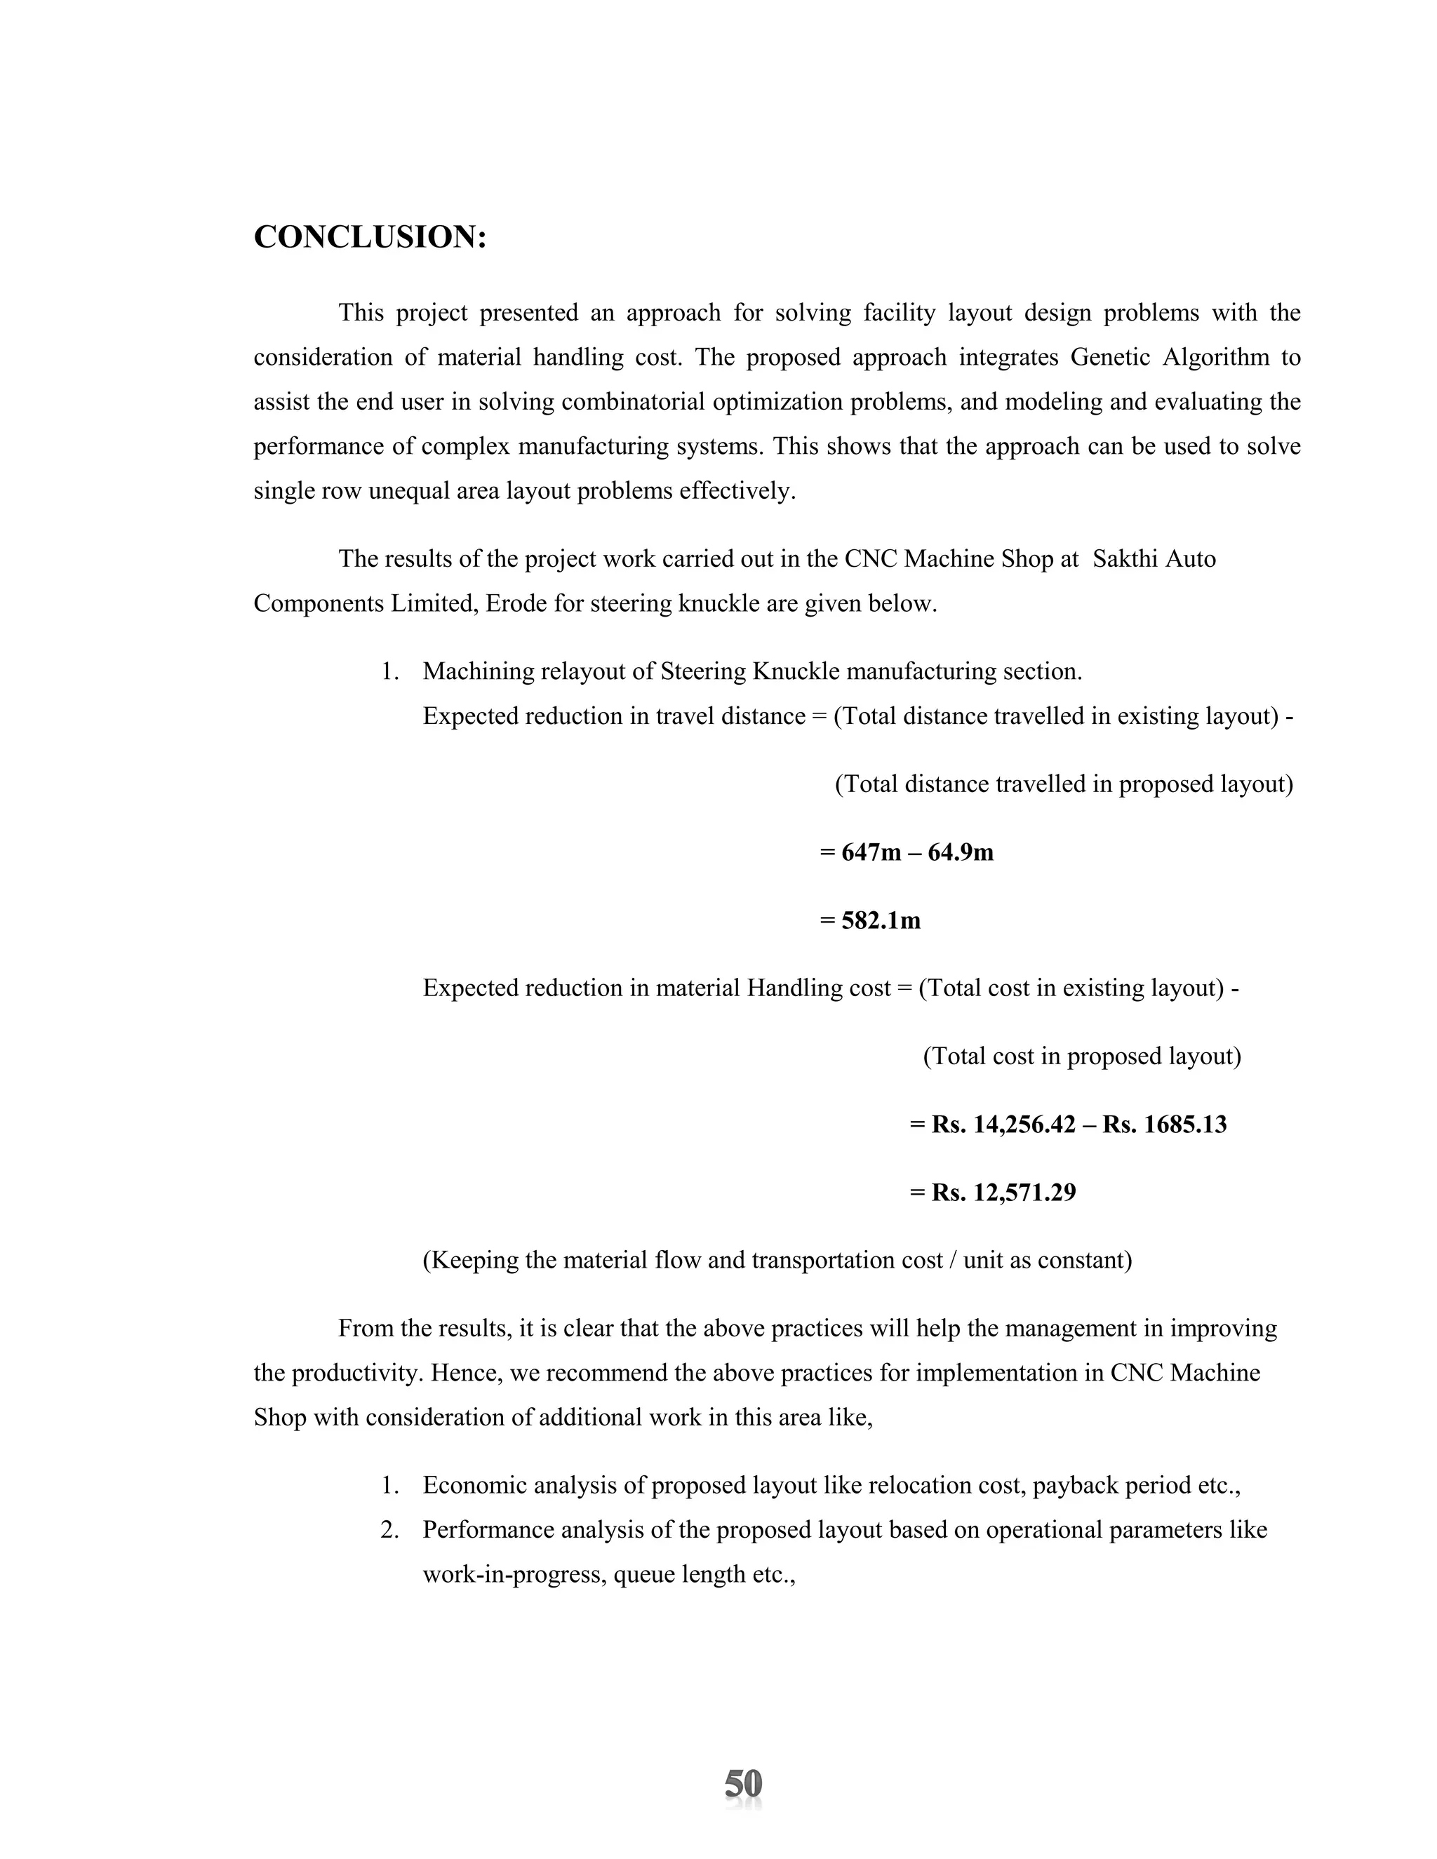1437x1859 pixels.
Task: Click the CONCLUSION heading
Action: (x=370, y=238)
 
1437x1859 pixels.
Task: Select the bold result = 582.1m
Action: (x=870, y=920)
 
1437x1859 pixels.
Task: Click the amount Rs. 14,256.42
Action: (x=1003, y=1125)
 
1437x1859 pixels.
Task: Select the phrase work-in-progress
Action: (x=514, y=1576)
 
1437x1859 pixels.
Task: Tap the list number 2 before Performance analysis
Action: (x=389, y=1531)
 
